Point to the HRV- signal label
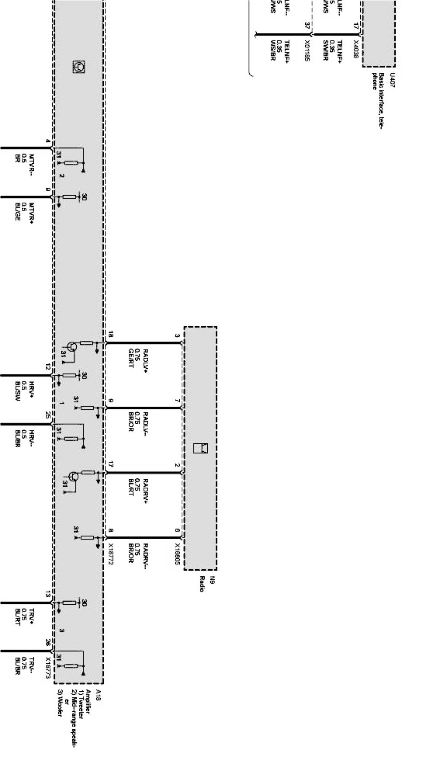coord(32,438)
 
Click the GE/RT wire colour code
coord(131,358)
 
